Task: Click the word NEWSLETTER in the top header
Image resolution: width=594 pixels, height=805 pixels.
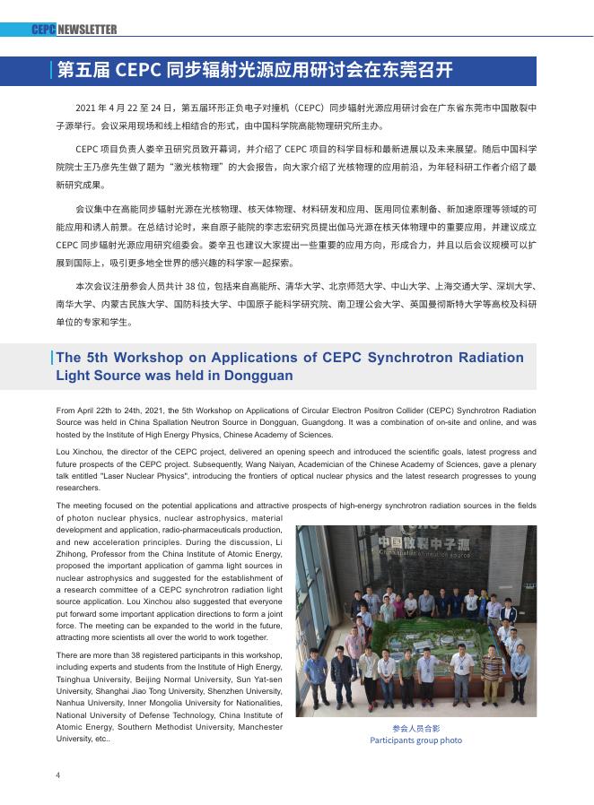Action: (x=87, y=30)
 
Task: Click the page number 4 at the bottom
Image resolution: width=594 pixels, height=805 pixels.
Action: (x=58, y=775)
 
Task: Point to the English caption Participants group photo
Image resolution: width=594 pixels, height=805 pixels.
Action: (x=415, y=740)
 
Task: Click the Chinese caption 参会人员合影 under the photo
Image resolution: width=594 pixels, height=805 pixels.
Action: (x=415, y=729)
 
